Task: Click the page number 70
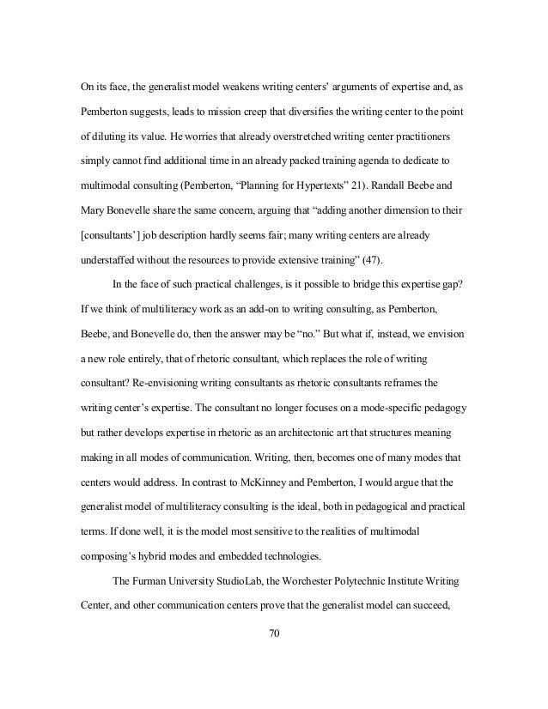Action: [x=274, y=637]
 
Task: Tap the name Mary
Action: [x=85, y=210]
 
